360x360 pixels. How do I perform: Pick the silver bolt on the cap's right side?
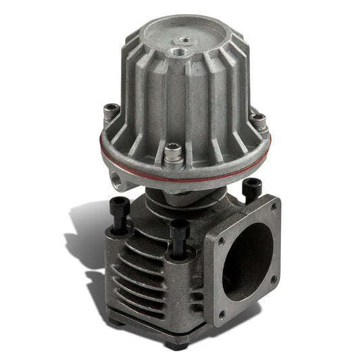pos(258,124)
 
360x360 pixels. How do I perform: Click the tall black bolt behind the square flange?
pos(252,189)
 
